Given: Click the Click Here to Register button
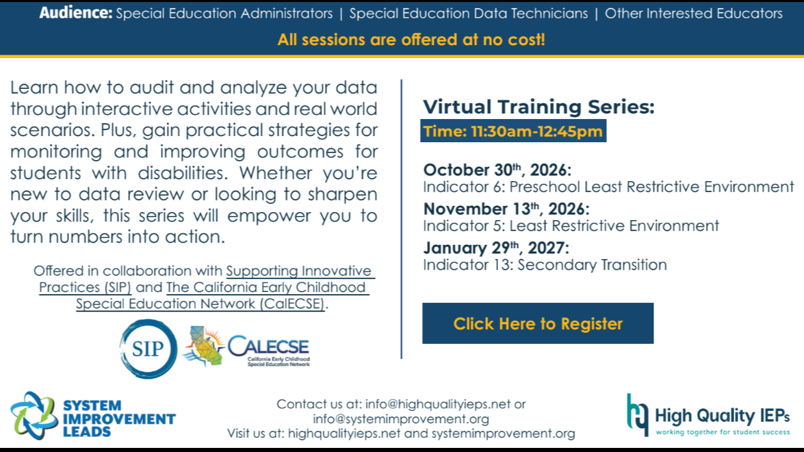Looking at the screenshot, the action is tap(538, 323).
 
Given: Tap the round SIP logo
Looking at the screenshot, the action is tap(148, 349).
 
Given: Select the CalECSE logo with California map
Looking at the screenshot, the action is tap(246, 347).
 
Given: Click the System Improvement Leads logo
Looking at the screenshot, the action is tap(93, 416).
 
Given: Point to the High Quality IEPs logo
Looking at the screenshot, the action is tap(708, 415).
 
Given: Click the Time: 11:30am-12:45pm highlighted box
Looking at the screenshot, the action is tap(513, 131).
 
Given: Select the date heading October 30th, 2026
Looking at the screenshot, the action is tap(497, 170).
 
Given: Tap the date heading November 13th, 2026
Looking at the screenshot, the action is tap(506, 209).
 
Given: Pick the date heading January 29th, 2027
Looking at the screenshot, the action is tap(496, 248).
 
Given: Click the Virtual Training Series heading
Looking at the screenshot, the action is tap(539, 107).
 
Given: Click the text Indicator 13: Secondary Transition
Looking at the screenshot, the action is tap(545, 265).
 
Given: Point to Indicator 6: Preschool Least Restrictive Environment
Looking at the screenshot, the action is tap(608, 187).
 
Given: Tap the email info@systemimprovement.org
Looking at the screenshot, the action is tap(401, 418).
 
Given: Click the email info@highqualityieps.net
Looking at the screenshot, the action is tap(438, 404).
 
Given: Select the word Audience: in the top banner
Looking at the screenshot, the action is tap(76, 13).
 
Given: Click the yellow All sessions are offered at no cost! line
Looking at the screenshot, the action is tap(411, 40).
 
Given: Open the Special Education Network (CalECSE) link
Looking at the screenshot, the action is tap(200, 304).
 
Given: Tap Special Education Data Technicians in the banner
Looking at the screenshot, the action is tap(469, 13).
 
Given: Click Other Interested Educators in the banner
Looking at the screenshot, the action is tap(694, 13).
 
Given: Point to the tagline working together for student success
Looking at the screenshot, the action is tap(723, 432).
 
